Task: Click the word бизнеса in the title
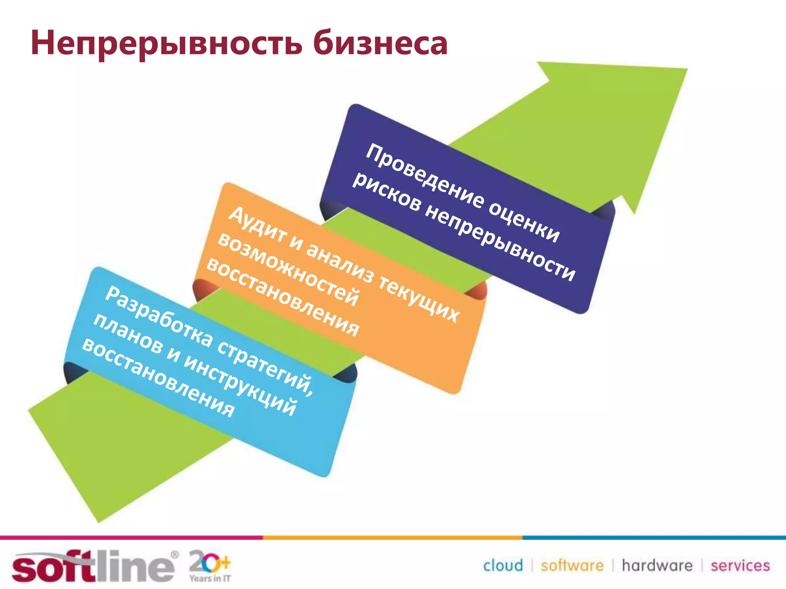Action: click(380, 43)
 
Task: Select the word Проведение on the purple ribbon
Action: click(424, 177)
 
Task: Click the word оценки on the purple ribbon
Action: click(524, 222)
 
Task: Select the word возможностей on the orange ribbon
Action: click(288, 269)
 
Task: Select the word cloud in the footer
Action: click(503, 566)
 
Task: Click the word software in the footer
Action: click(572, 566)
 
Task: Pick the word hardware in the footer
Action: click(657, 566)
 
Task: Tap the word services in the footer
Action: click(740, 566)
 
